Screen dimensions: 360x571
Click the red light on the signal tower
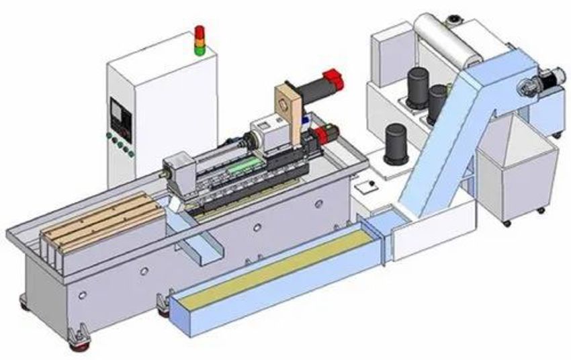point(199,32)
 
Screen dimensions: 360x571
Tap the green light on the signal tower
point(199,50)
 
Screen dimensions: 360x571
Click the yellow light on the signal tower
point(199,40)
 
